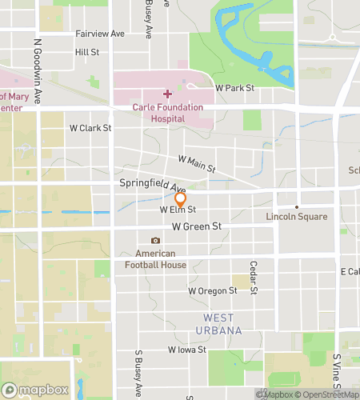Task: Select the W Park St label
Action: [x=234, y=87]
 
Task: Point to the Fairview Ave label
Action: [x=100, y=34]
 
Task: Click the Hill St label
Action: [x=86, y=52]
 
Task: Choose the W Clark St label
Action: [x=90, y=127]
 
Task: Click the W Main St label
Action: [x=197, y=164]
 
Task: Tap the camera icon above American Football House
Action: [x=155, y=241]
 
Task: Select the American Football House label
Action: [x=155, y=259]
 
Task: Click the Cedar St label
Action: [x=252, y=277]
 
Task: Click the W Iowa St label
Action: [x=187, y=350]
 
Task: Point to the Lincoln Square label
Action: [x=296, y=217]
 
